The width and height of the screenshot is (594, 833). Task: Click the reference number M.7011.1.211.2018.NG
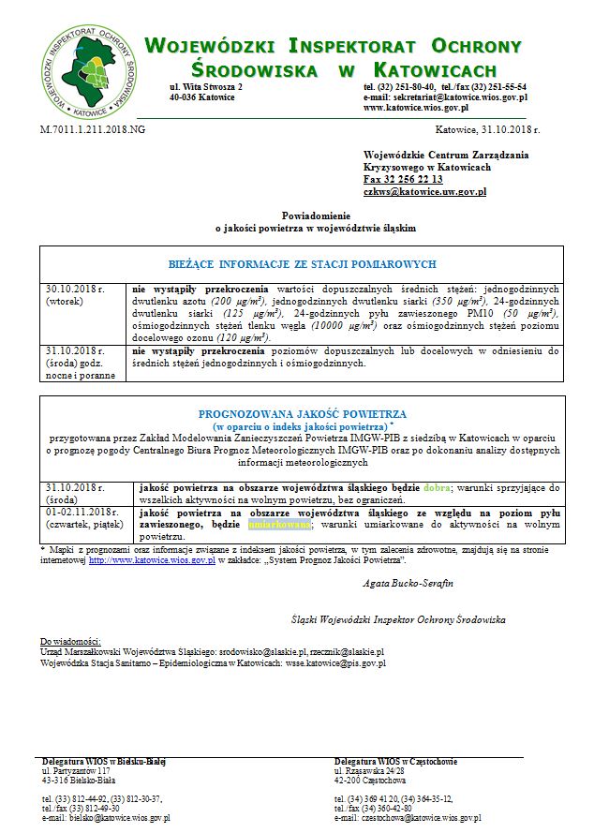pyautogui.click(x=93, y=128)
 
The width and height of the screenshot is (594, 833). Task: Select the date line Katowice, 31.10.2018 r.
pyautogui.click(x=487, y=128)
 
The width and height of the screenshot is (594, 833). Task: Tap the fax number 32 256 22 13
pyautogui.click(x=403, y=179)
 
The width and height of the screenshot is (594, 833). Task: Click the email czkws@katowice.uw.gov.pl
pyautogui.click(x=424, y=191)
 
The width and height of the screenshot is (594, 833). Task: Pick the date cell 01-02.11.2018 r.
pyautogui.click(x=82, y=513)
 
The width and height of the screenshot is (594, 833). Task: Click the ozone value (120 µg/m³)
pyautogui.click(x=239, y=336)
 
